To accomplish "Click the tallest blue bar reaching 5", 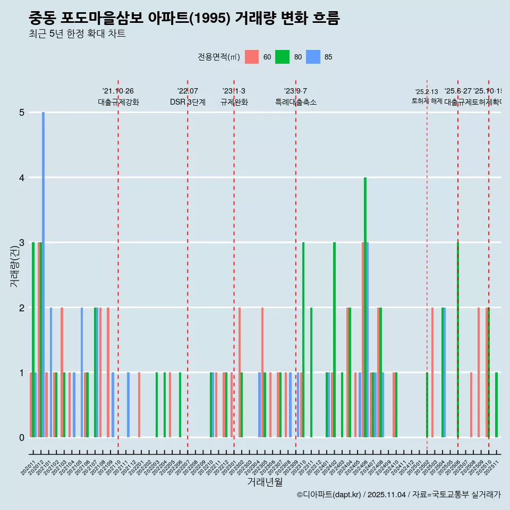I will tap(43, 274).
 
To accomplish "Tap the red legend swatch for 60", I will tap(252, 57).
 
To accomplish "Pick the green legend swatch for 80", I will tap(282, 57).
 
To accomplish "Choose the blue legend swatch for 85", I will tap(313, 57).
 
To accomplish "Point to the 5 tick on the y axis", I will tap(22, 113).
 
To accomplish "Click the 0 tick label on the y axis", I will tap(22, 438).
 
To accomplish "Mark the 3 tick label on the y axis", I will tap(22, 243).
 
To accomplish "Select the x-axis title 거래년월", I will tap(265, 482).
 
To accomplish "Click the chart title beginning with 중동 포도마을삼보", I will tap(184, 19).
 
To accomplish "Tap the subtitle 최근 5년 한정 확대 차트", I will tap(77, 35).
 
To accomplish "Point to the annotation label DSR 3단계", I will tap(188, 102).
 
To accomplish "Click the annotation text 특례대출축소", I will tap(295, 102).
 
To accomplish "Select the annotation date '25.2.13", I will tap(427, 92).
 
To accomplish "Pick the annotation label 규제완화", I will tap(234, 102).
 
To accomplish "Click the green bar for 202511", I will tap(496, 405).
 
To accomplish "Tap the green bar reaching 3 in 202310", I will tap(303, 340).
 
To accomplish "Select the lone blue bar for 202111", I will tap(128, 405).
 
